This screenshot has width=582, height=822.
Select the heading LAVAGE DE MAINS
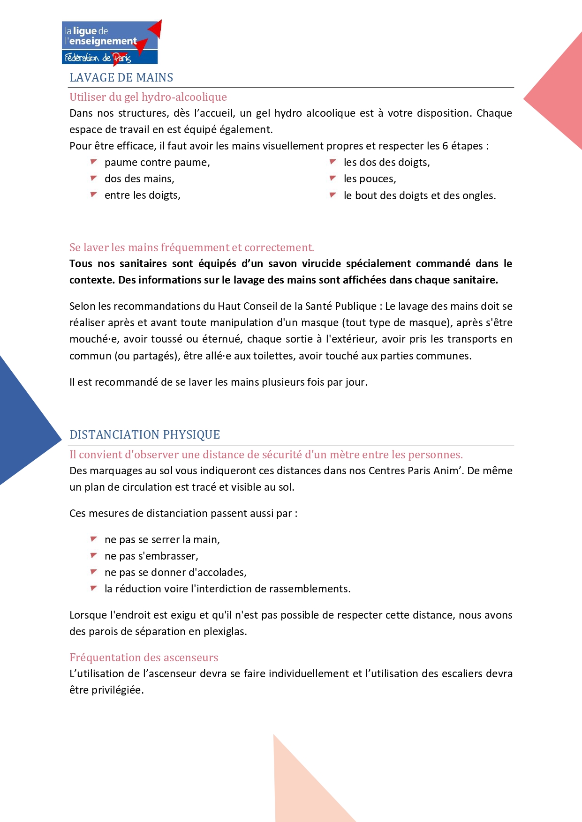coord(121,78)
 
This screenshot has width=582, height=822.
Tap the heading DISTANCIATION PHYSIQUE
coord(144,435)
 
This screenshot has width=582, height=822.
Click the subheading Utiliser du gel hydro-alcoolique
coord(148,97)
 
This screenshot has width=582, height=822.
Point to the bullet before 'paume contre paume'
coord(94,162)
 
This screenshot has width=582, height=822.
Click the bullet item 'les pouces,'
coord(370,179)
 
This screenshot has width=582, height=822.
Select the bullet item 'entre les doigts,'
coord(142,195)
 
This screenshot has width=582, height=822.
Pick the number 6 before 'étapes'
coord(445,146)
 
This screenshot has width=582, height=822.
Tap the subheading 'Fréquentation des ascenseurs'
coord(144,658)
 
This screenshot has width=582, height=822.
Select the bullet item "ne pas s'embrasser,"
coord(151,556)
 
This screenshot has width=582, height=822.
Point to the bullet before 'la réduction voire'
coord(94,588)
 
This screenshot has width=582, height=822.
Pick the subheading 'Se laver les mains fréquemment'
coord(191,247)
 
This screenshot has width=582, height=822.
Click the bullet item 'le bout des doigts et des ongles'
coord(419,196)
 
